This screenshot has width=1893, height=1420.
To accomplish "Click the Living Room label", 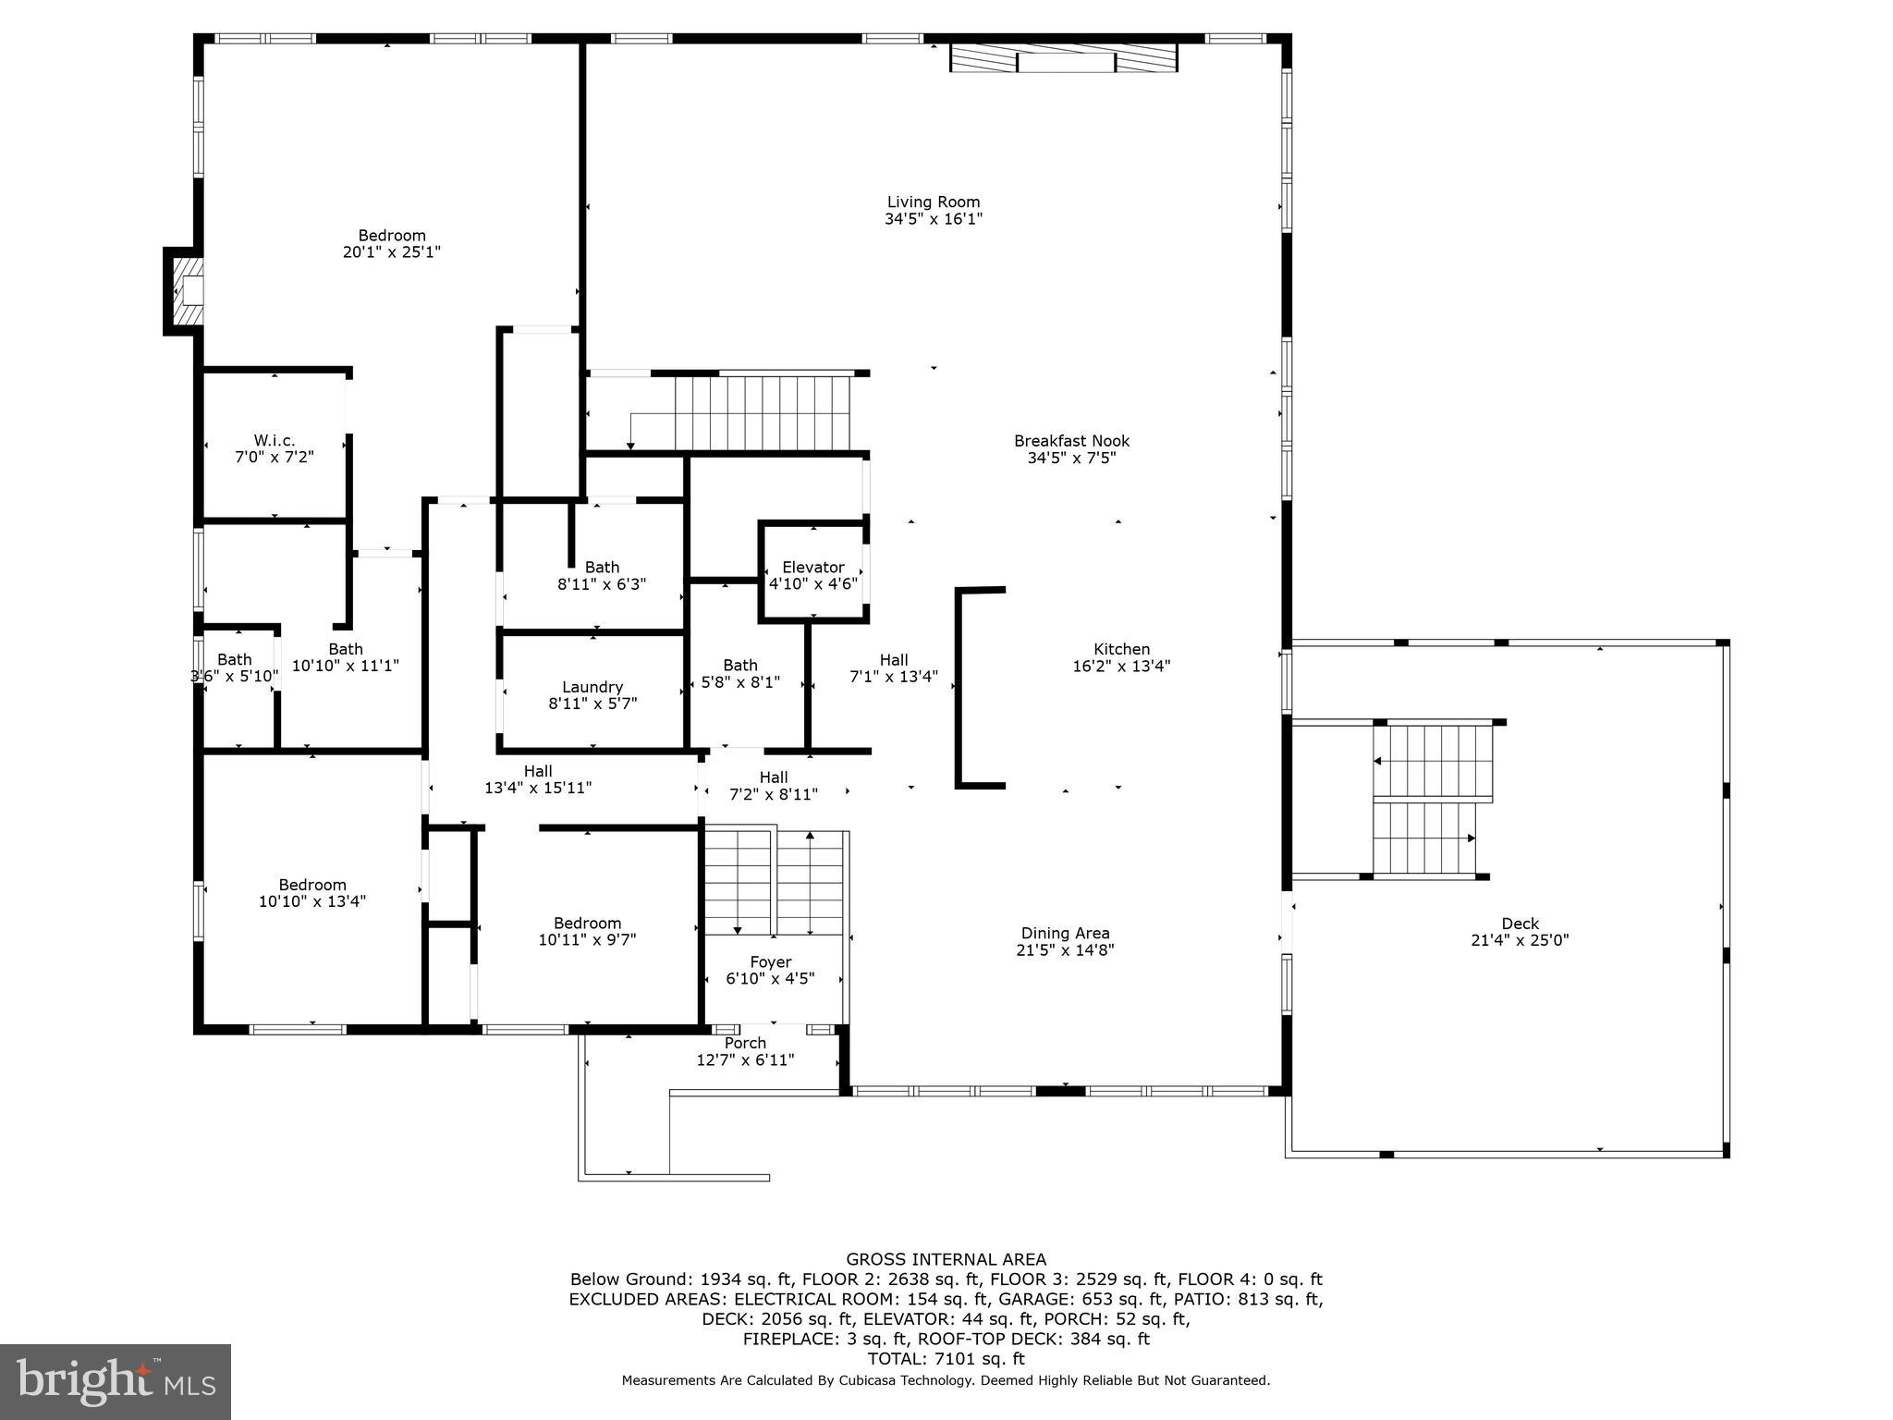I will click(x=933, y=202).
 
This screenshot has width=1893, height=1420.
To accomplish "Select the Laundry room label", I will click(x=592, y=687).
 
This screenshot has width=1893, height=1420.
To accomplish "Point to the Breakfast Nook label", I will click(x=1071, y=441).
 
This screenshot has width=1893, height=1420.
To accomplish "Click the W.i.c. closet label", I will click(x=275, y=441).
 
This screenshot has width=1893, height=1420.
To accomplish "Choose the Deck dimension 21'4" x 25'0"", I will click(x=1520, y=940).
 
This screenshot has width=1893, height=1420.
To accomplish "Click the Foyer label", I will click(x=770, y=961).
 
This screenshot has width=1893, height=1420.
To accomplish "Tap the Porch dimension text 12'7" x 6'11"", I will click(x=745, y=1059).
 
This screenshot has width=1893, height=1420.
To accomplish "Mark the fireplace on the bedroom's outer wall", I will click(x=186, y=291).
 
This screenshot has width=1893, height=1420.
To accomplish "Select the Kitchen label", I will click(x=1121, y=649).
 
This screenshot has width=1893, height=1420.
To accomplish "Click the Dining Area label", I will click(x=1065, y=933).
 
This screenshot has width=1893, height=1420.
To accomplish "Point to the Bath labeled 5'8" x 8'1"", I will click(x=739, y=673).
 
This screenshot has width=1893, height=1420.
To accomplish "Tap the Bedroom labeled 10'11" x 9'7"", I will click(x=587, y=931).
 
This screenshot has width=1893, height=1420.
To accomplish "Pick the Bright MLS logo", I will click(x=116, y=1381).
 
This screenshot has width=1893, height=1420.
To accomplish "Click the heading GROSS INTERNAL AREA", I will click(x=946, y=1259).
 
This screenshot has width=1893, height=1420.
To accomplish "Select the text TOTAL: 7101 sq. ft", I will click(x=946, y=1358).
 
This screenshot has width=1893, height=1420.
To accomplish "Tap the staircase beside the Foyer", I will click(x=775, y=883).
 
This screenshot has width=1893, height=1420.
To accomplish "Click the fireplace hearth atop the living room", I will click(x=1064, y=58).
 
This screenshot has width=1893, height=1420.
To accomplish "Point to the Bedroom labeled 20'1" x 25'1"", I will click(x=392, y=243).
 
